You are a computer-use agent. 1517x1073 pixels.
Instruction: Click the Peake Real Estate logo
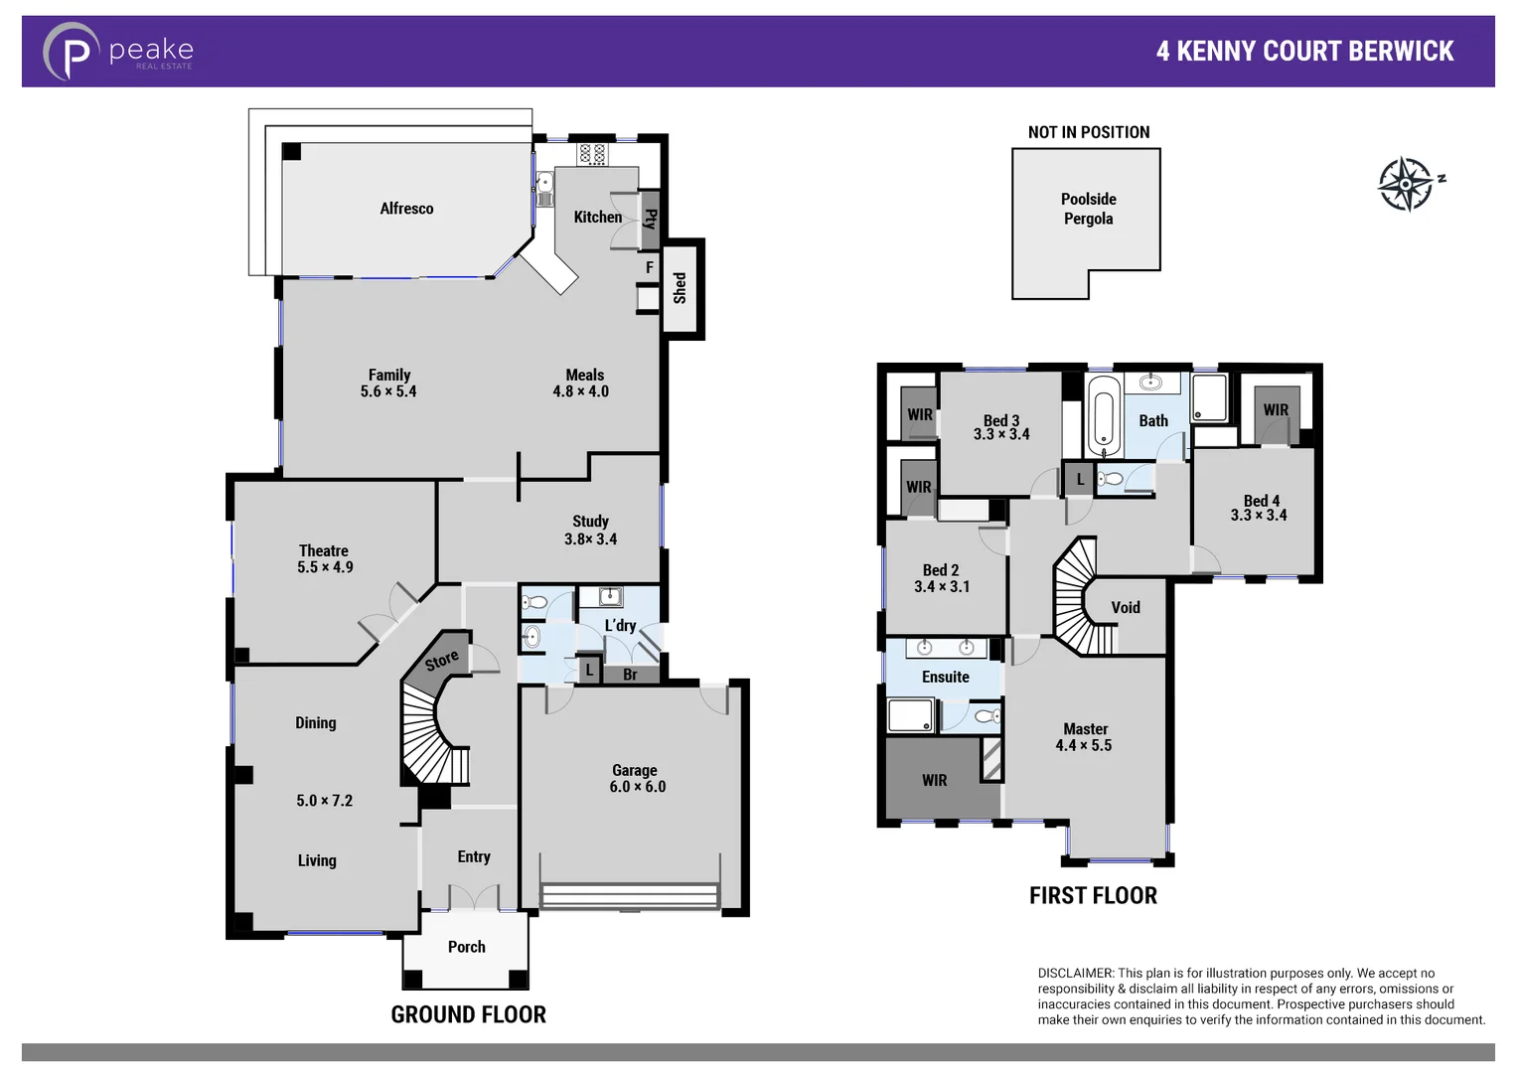(117, 52)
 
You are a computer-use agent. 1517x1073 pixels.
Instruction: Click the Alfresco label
(406, 209)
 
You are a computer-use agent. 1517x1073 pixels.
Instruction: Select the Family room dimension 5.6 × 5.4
(388, 392)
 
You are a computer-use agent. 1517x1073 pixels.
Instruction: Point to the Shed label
(681, 288)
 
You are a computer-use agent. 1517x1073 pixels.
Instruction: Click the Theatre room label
(324, 550)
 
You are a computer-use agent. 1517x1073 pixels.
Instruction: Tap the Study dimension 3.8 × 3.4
(590, 539)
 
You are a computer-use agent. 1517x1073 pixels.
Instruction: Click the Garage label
(635, 770)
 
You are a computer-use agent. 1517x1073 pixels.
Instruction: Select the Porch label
(466, 947)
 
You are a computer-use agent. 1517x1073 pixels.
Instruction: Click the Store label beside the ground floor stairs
(442, 660)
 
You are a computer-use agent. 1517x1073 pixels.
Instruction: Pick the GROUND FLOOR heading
(468, 1014)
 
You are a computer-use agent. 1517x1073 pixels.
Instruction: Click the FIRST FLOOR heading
(1093, 896)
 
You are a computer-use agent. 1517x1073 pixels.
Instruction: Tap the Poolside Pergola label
(1088, 209)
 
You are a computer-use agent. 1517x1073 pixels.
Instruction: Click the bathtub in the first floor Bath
(1104, 415)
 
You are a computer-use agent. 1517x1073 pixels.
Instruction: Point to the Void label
(1125, 608)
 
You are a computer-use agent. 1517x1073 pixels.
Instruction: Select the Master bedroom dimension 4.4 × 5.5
(1084, 746)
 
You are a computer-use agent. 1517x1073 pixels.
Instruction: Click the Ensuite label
(945, 677)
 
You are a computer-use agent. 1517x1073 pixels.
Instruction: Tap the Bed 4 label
(1261, 501)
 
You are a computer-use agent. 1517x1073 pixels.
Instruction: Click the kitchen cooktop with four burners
(593, 154)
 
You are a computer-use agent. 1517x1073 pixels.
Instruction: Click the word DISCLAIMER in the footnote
(1075, 974)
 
